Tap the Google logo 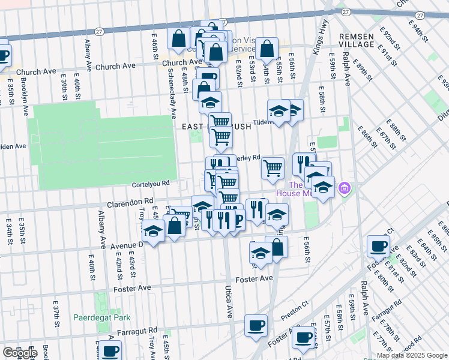tap(20, 353)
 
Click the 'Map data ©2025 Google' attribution tap(411, 355)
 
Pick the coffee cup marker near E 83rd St tap(379, 245)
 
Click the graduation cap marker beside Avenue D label tap(154, 230)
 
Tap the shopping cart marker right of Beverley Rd tap(273, 167)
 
